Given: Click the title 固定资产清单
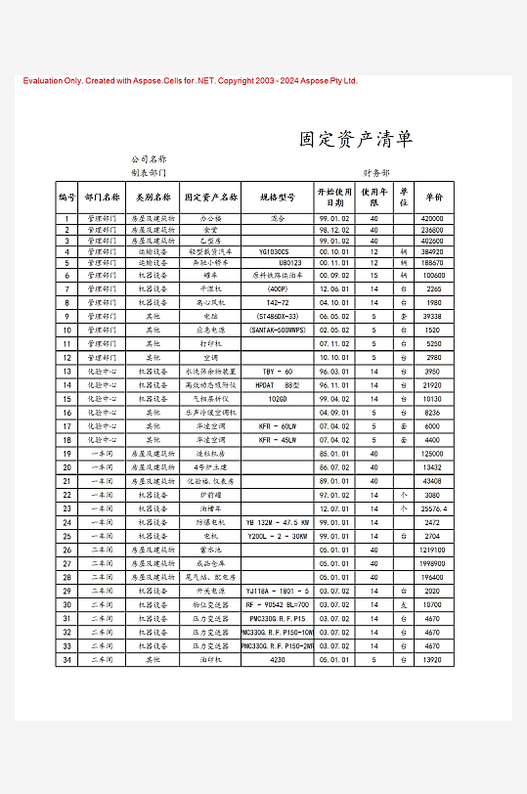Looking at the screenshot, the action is click(356, 139).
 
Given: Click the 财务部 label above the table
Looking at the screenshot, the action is click(376, 172).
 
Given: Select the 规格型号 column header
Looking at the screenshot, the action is click(277, 197).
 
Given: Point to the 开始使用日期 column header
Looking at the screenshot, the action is click(334, 196).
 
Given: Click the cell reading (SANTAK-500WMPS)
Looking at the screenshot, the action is click(277, 331).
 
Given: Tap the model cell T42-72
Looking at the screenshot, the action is click(278, 303).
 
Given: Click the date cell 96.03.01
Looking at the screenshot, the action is click(334, 372).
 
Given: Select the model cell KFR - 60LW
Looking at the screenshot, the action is click(277, 426).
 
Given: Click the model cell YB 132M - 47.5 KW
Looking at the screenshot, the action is click(278, 522).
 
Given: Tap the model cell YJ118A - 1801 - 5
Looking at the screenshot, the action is click(278, 591).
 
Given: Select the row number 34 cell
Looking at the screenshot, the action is click(67, 659).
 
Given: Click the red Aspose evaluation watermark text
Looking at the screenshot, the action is click(191, 81).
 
